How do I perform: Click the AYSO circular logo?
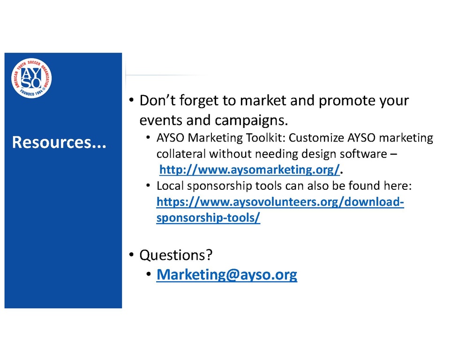(x=31, y=78)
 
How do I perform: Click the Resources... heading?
(x=59, y=142)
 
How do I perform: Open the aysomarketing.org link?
(x=249, y=170)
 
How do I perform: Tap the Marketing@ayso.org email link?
(x=227, y=274)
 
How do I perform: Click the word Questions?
(x=176, y=255)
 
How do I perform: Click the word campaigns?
(x=251, y=120)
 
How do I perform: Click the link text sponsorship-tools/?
(x=208, y=218)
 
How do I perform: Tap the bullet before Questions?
(x=131, y=255)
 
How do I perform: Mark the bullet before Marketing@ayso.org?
(x=149, y=274)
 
